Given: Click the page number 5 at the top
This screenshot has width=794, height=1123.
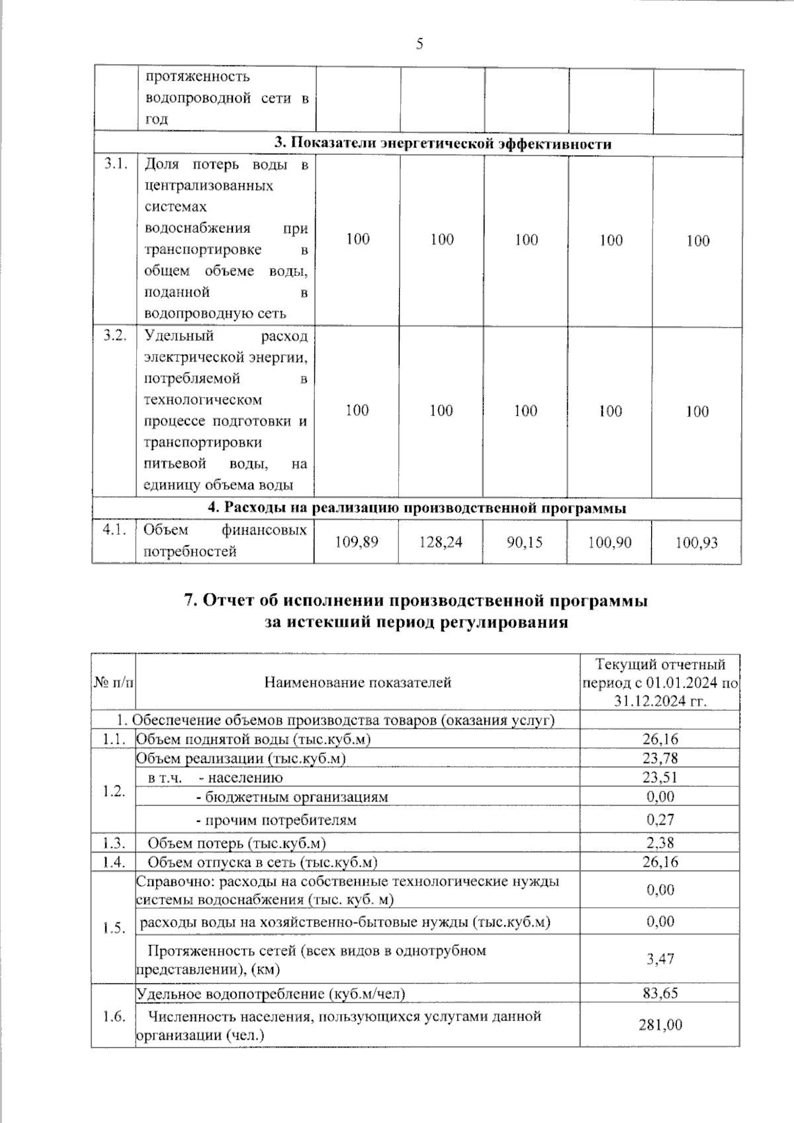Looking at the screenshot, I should tap(419, 44).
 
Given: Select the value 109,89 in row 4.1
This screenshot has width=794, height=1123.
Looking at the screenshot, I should tap(357, 543).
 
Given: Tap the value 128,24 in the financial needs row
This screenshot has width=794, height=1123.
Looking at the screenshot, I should tap(441, 543).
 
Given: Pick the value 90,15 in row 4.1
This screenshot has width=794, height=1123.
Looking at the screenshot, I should tap(524, 543).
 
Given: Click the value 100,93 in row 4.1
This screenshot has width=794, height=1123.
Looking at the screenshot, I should tap(697, 543).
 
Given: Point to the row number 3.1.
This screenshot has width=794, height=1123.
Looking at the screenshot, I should tap(115, 165).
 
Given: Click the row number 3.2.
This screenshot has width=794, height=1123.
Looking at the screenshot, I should tap(115, 336).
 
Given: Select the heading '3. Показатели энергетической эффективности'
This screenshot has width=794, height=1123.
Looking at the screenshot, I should tap(443, 144).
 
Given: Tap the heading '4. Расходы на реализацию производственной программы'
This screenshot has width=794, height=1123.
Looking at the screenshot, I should tap(417, 508).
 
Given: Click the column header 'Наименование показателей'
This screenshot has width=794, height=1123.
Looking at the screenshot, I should tap(357, 682).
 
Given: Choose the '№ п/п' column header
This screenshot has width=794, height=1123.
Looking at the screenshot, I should tap(114, 682).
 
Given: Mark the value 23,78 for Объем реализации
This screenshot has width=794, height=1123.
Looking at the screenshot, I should tap(660, 758).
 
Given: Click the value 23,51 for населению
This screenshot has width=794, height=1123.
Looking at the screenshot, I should tap(660, 777).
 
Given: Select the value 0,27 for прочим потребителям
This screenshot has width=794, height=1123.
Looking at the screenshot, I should tap(660, 819).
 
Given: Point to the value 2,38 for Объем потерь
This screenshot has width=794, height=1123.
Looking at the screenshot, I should tap(660, 842).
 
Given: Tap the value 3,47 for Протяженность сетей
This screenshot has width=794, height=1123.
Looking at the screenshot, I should tap(660, 958).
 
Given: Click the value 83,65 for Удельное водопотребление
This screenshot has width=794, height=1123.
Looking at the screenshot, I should tap(660, 993).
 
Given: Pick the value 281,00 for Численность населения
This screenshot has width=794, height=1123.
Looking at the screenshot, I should tap(660, 1024).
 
